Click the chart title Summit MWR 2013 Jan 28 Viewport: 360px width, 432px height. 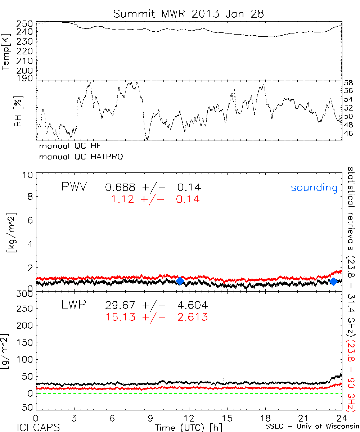tap(189, 14)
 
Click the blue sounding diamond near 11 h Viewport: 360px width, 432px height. tap(180, 281)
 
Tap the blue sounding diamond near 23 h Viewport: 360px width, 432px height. tap(333, 282)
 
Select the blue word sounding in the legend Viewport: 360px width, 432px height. tap(314, 188)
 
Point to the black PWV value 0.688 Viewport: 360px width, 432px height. tap(120, 187)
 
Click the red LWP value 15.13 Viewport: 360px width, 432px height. tap(120, 317)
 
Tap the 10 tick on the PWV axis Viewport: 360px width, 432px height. tap(29, 175)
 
